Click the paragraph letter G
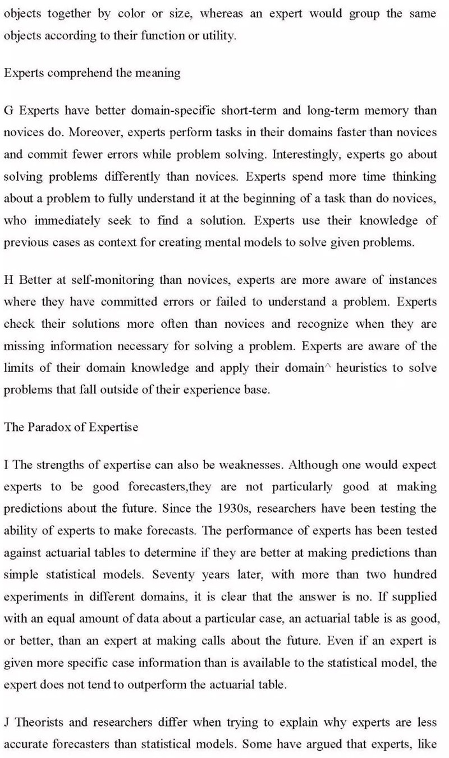click(8, 110)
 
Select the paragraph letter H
click(8, 279)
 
